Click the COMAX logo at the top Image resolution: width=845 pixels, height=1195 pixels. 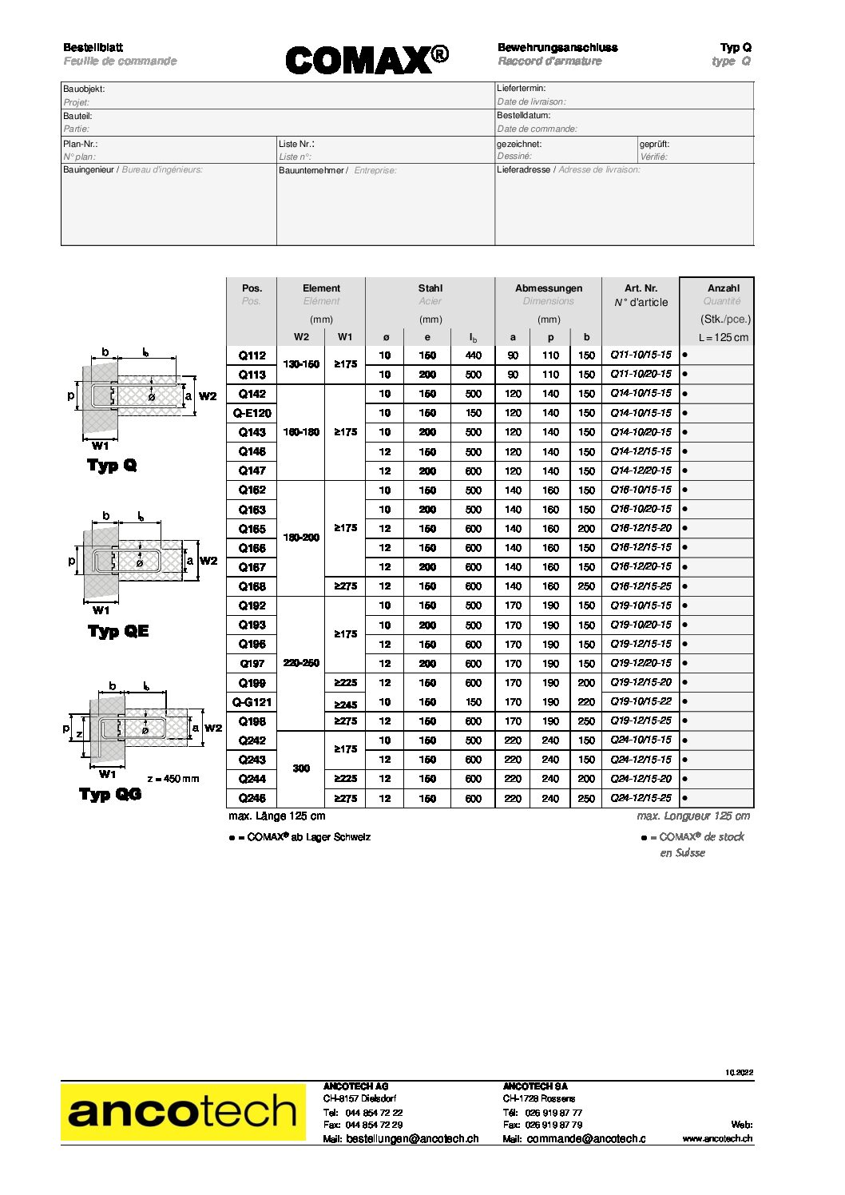[367, 60]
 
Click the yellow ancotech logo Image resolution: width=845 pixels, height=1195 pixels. [183, 1111]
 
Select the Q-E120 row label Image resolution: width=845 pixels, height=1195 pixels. [252, 413]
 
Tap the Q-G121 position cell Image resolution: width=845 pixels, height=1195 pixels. [252, 702]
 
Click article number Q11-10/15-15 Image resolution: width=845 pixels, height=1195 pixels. [641, 355]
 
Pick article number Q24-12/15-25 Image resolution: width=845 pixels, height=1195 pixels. [641, 798]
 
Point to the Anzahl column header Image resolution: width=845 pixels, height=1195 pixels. [724, 288]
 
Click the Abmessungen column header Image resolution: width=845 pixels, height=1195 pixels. [549, 288]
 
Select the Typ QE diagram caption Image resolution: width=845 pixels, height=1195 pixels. [118, 631]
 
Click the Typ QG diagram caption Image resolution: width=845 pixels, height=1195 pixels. [110, 794]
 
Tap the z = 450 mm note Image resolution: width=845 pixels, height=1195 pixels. [173, 779]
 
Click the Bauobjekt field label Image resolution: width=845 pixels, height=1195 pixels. [84, 89]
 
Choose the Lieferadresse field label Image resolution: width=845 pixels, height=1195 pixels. [523, 169]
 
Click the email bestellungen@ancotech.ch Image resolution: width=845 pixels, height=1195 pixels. [412, 1139]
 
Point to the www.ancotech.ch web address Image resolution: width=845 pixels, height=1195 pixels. [717, 1138]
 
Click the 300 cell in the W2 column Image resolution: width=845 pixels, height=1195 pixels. [301, 768]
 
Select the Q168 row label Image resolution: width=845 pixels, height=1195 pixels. [252, 586]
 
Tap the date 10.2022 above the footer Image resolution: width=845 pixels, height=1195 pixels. [740, 1073]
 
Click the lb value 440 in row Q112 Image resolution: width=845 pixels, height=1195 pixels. [474, 355]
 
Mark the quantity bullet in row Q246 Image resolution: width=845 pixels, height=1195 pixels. [685, 798]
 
